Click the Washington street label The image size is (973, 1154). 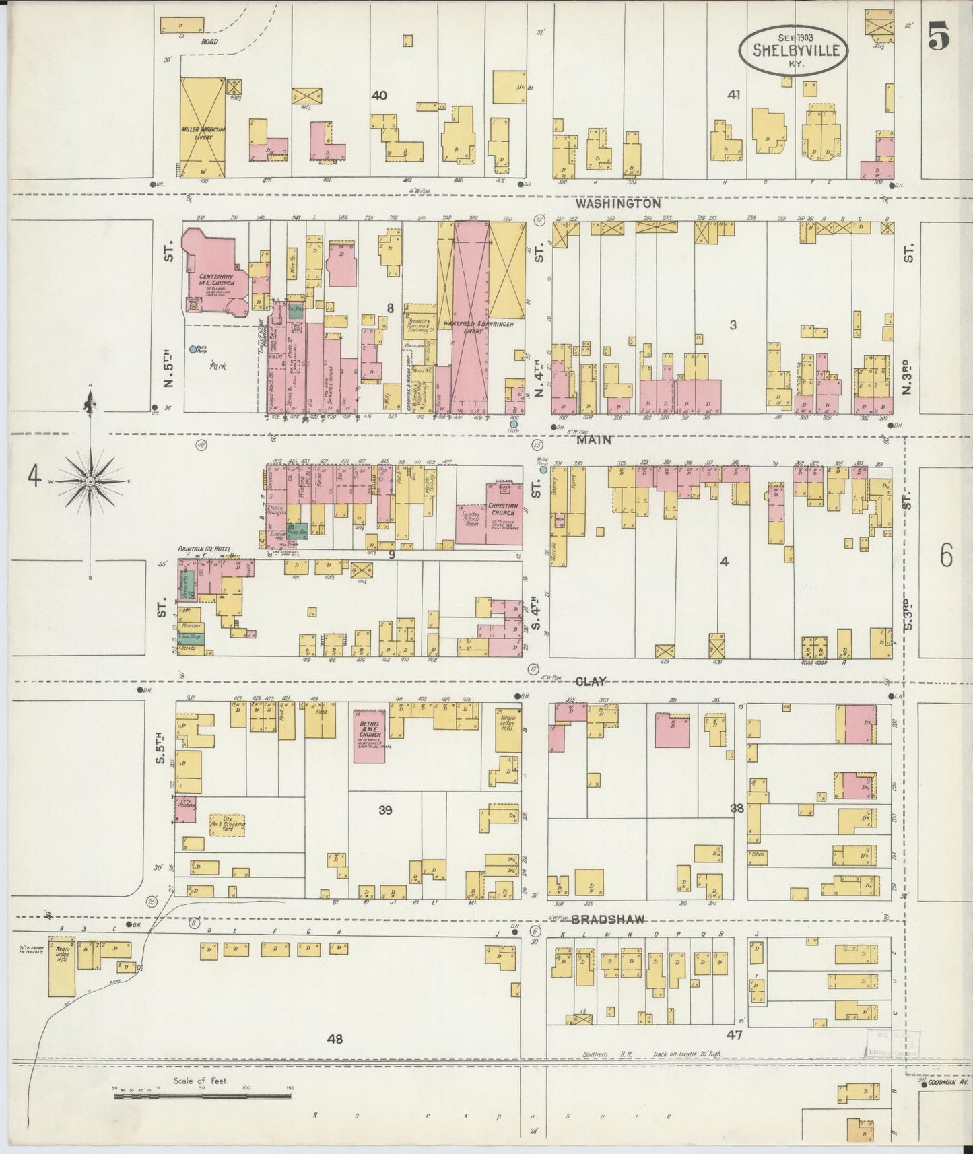click(618, 203)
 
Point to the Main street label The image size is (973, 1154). click(593, 440)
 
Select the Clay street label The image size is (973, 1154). click(596, 681)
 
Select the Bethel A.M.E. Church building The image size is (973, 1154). click(370, 737)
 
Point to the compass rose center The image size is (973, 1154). click(90, 482)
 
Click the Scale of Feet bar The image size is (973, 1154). click(202, 1096)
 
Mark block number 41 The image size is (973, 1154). click(733, 95)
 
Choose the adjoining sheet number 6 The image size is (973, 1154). click(945, 557)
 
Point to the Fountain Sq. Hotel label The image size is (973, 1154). click(204, 549)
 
